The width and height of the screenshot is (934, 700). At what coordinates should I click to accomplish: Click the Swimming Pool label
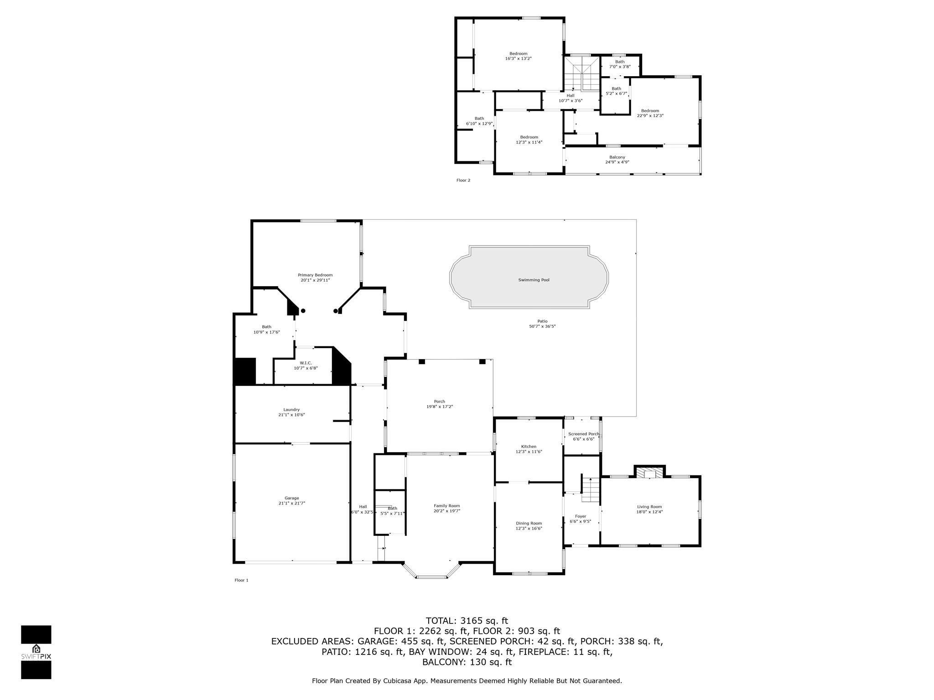[x=534, y=280]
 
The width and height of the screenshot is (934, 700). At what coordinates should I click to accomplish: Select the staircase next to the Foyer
[x=590, y=489]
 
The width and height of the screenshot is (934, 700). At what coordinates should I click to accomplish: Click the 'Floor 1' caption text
[x=242, y=580]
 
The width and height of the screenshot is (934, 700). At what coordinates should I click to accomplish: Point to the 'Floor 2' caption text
[x=463, y=180]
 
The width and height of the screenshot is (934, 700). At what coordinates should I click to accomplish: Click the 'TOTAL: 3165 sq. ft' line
[x=467, y=621]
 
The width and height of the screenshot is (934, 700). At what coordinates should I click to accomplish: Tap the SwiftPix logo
[x=36, y=652]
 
